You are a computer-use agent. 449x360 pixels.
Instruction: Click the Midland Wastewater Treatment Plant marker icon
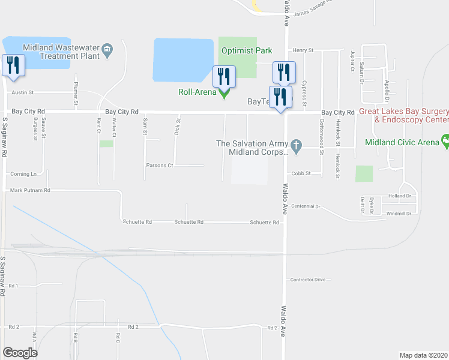(x=108, y=52)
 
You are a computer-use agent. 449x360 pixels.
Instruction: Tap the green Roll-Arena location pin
(x=224, y=93)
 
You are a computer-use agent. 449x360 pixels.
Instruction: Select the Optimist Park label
(x=247, y=51)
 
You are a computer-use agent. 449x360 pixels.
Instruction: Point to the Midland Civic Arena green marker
(x=445, y=142)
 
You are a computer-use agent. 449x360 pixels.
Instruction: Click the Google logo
(x=20, y=353)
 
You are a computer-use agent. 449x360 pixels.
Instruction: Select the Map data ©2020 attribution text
(x=423, y=355)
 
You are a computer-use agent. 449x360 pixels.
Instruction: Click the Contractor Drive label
(x=307, y=280)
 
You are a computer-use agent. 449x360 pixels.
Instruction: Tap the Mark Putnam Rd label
(x=30, y=190)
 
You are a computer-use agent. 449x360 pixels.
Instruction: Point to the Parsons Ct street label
(x=159, y=165)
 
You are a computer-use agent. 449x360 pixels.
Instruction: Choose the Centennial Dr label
(x=306, y=206)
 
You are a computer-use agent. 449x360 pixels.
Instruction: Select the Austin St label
(x=23, y=93)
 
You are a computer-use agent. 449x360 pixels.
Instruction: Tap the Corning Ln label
(x=23, y=174)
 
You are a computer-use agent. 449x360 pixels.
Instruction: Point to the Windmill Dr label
(x=399, y=214)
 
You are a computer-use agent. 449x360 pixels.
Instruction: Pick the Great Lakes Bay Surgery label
(x=403, y=112)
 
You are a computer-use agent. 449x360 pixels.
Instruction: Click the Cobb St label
(x=300, y=173)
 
